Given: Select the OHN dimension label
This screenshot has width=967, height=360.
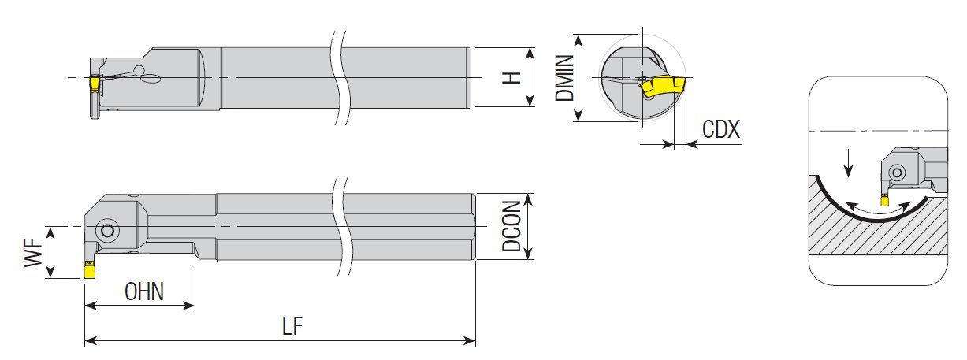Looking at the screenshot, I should (x=144, y=291).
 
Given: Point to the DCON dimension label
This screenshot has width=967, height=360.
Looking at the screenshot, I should (x=513, y=226).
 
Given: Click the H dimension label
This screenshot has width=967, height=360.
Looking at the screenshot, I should (x=513, y=77).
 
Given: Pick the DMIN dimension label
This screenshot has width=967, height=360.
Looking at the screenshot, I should (x=564, y=77).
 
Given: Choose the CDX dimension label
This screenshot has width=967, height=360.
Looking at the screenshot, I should (x=721, y=129).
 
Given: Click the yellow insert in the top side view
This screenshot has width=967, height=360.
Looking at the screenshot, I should (x=95, y=83).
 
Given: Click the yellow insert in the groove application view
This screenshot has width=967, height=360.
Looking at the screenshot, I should (x=884, y=200).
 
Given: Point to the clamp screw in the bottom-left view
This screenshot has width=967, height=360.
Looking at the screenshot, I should (x=106, y=232).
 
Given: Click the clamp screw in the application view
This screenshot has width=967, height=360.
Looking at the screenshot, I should (x=895, y=173).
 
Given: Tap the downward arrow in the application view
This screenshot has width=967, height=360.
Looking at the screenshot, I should (x=848, y=165).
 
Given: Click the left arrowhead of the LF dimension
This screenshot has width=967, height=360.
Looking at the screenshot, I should (x=90, y=341).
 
